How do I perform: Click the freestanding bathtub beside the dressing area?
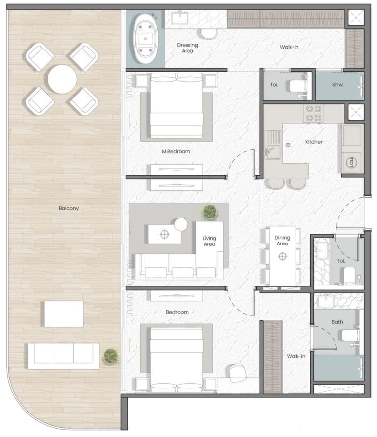[145, 39]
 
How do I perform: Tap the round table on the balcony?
[62, 79]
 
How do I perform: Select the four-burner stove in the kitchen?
[314, 113]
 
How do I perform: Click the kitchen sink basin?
[272, 152]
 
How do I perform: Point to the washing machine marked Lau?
[351, 162]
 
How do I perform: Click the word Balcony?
[69, 208]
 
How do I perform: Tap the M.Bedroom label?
[176, 151]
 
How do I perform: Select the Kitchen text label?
[315, 142]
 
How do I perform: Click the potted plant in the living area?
[210, 212]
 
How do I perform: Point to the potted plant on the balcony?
[111, 357]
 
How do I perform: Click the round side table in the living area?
[181, 224]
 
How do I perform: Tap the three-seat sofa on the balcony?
[64, 356]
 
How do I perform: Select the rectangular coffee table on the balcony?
[64, 314]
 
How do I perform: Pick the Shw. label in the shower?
[338, 84]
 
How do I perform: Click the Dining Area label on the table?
[282, 240]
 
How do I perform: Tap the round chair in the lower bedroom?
[238, 373]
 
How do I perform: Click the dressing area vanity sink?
[180, 19]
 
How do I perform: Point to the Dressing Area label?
[188, 48]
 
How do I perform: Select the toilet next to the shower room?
[298, 86]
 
